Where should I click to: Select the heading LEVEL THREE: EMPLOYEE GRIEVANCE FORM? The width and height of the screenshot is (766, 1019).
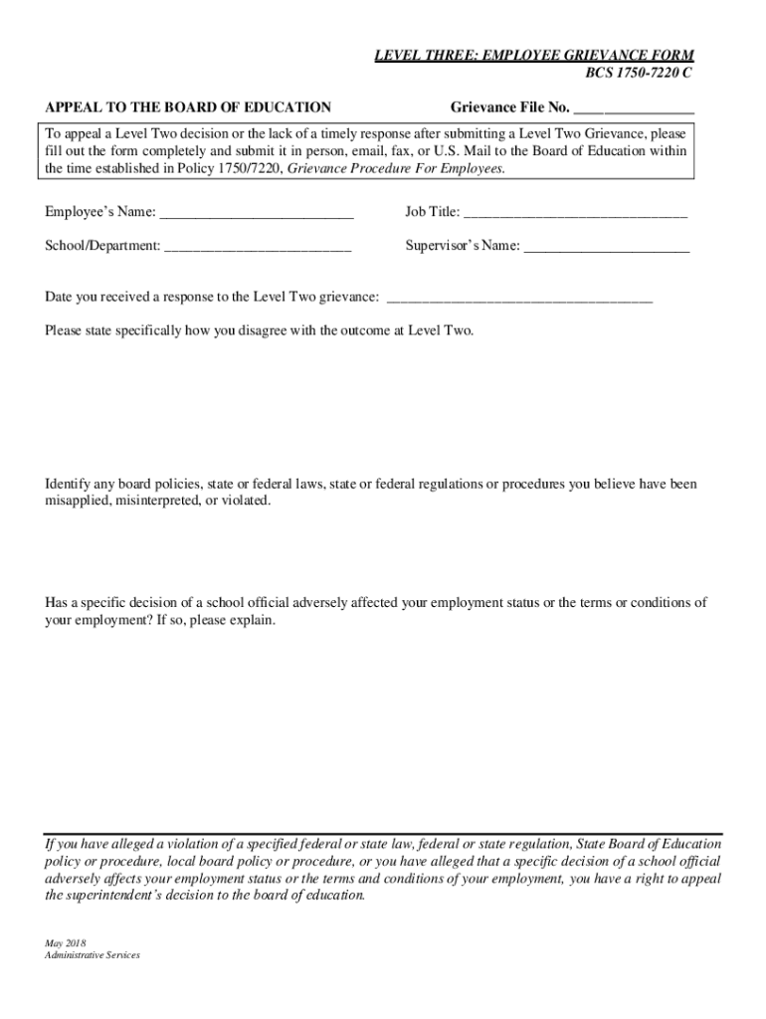coord(533,56)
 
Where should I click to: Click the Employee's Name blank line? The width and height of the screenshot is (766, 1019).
coord(257,212)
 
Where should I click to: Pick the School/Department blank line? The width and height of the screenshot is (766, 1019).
coord(258,246)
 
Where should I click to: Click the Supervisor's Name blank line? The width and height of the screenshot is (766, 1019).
coord(606,246)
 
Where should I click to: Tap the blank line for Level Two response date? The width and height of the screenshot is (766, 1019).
coord(518,297)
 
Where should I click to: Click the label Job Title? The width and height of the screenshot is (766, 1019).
coord(432,212)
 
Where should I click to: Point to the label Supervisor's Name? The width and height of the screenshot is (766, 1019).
coord(462,246)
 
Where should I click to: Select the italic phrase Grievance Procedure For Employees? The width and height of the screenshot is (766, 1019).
coord(396,169)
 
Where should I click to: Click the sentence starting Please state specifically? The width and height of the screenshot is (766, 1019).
coord(259,330)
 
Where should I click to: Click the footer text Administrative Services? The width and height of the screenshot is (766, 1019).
coord(92,955)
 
